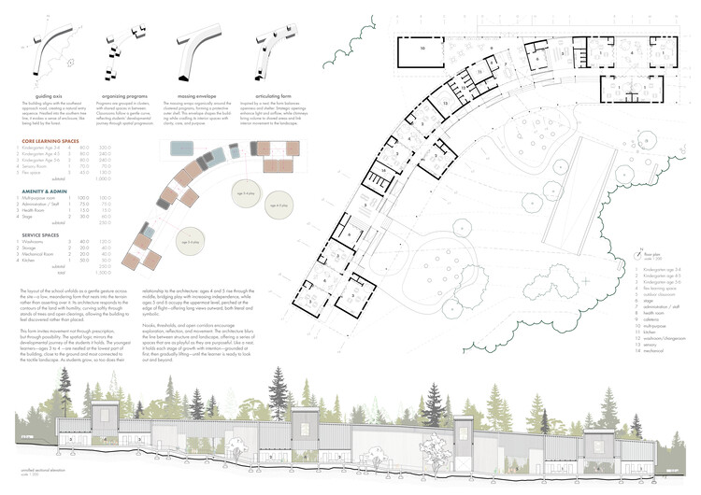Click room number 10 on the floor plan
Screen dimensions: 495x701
click(422, 47)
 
